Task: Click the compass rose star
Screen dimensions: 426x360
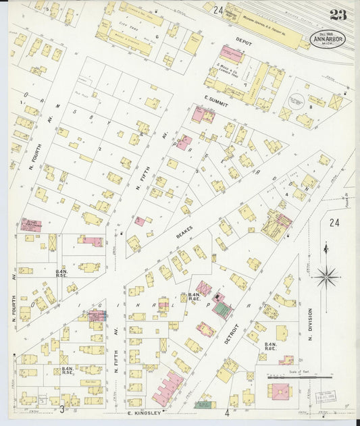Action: [327, 275]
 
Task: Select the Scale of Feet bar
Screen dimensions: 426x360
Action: [307, 377]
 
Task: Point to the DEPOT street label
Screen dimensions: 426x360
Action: [244, 42]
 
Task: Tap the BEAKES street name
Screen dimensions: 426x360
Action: [184, 233]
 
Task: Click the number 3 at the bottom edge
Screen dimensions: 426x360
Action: [61, 409]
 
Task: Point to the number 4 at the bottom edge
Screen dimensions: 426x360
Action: [227, 412]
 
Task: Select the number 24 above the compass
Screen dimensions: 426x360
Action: [334, 222]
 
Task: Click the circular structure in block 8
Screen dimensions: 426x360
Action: [296, 101]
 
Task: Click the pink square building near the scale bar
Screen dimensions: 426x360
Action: [278, 392]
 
